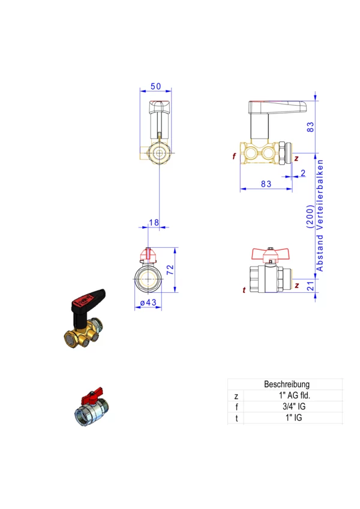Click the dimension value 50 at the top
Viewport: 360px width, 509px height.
pyautogui.click(x=155, y=86)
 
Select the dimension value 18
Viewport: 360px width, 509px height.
pyautogui.click(x=154, y=223)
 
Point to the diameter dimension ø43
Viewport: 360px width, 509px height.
pyautogui.click(x=148, y=303)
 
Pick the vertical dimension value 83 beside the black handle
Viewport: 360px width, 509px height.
pyautogui.click(x=310, y=127)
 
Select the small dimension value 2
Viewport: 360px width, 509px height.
pyautogui.click(x=303, y=173)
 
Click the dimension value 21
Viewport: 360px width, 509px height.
pyautogui.click(x=310, y=285)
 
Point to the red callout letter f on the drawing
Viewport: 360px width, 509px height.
pyautogui.click(x=234, y=156)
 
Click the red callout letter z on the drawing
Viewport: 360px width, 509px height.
pyautogui.click(x=296, y=158)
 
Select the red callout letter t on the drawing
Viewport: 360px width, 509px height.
pyautogui.click(x=244, y=291)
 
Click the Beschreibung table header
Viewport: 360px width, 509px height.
pyautogui.click(x=286, y=384)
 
